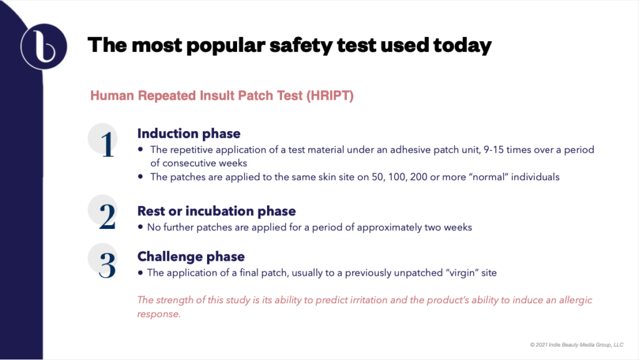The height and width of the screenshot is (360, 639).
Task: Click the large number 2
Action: pyautogui.click(x=107, y=216)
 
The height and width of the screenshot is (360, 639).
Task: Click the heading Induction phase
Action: pyautogui.click(x=188, y=134)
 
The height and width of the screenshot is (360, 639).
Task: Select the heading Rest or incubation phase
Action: pyautogui.click(x=216, y=211)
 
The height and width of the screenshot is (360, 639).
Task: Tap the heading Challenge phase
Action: pyautogui.click(x=190, y=256)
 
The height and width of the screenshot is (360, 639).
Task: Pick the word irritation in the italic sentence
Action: pyautogui.click(x=361, y=301)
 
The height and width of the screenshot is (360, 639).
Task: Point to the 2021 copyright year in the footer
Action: pyautogui.click(x=543, y=344)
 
